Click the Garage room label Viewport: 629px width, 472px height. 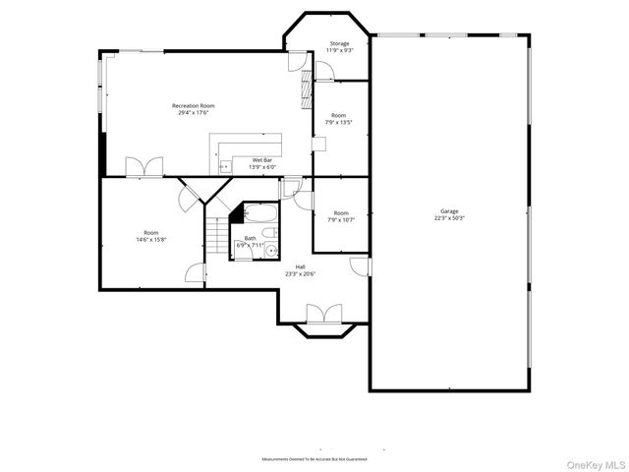[449, 211]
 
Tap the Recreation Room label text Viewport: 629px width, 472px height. [193, 105]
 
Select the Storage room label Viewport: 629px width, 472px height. [339, 43]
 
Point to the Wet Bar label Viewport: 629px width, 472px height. [262, 159]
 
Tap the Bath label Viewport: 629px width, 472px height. [250, 238]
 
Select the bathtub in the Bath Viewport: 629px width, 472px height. [261, 211]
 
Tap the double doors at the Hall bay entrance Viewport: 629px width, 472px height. [323, 314]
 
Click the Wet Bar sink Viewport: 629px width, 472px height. [224, 167]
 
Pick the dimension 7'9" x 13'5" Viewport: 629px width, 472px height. [339, 123]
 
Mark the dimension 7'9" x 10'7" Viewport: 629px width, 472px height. [340, 220]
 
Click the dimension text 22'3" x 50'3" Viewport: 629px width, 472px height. [449, 218]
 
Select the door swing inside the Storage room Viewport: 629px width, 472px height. [326, 70]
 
